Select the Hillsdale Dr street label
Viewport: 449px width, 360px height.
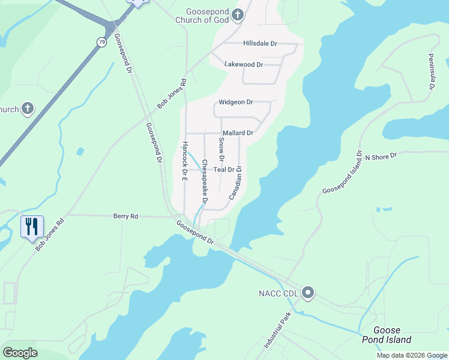pos(260,44)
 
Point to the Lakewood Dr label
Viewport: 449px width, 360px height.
pos(243,64)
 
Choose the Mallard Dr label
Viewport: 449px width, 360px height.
pos(238,133)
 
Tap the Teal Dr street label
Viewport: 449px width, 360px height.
pos(224,170)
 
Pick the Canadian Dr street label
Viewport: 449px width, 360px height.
pos(235,183)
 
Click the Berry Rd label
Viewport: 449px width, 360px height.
pos(125,216)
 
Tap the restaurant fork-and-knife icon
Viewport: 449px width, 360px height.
pos(32,226)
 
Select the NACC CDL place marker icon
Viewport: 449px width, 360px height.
pos(308,293)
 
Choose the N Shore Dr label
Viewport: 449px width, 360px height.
pos(381,156)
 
